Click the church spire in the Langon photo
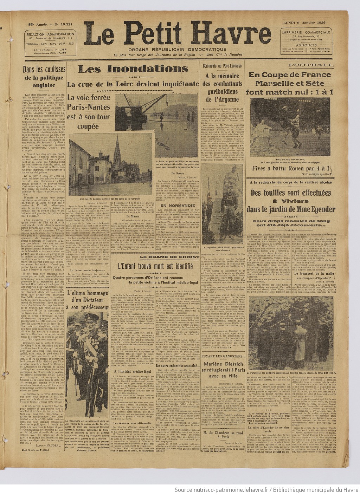117,144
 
